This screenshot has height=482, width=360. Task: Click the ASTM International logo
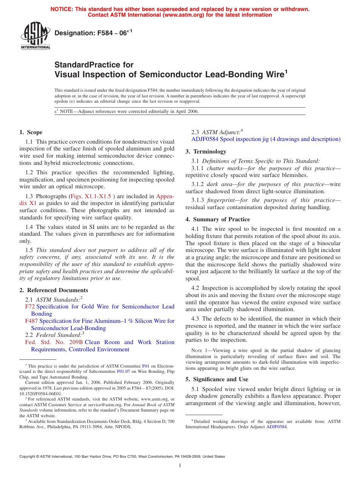(x=35, y=36)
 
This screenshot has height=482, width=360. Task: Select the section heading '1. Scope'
(x=31, y=132)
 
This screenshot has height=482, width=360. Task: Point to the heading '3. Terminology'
(x=206, y=152)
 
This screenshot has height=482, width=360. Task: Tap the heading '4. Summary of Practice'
(x=218, y=219)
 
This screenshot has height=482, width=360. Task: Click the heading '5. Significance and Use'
(x=217, y=379)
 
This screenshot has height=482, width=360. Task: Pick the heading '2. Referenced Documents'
(x=53, y=290)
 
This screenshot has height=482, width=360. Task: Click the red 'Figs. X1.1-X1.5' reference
(x=91, y=196)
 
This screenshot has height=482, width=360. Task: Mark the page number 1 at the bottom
(x=180, y=466)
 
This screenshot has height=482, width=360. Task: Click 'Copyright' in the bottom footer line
(x=30, y=457)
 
